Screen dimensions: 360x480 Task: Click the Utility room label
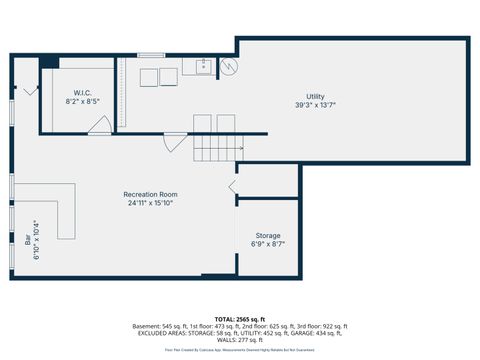[315, 96]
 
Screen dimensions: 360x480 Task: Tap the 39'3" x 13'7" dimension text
[315, 105]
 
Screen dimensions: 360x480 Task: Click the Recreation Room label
[150, 194]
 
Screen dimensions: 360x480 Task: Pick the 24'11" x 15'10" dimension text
[150, 203]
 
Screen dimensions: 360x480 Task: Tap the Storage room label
[267, 236]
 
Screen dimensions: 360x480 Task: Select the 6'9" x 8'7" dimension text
[267, 245]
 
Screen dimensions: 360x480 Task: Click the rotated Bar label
[27, 240]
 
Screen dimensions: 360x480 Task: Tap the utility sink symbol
[203, 68]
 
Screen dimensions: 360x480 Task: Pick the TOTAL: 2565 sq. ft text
[240, 320]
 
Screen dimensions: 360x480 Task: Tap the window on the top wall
[150, 55]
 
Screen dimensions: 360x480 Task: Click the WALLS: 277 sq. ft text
[240, 340]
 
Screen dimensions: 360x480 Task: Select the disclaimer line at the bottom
[240, 351]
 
